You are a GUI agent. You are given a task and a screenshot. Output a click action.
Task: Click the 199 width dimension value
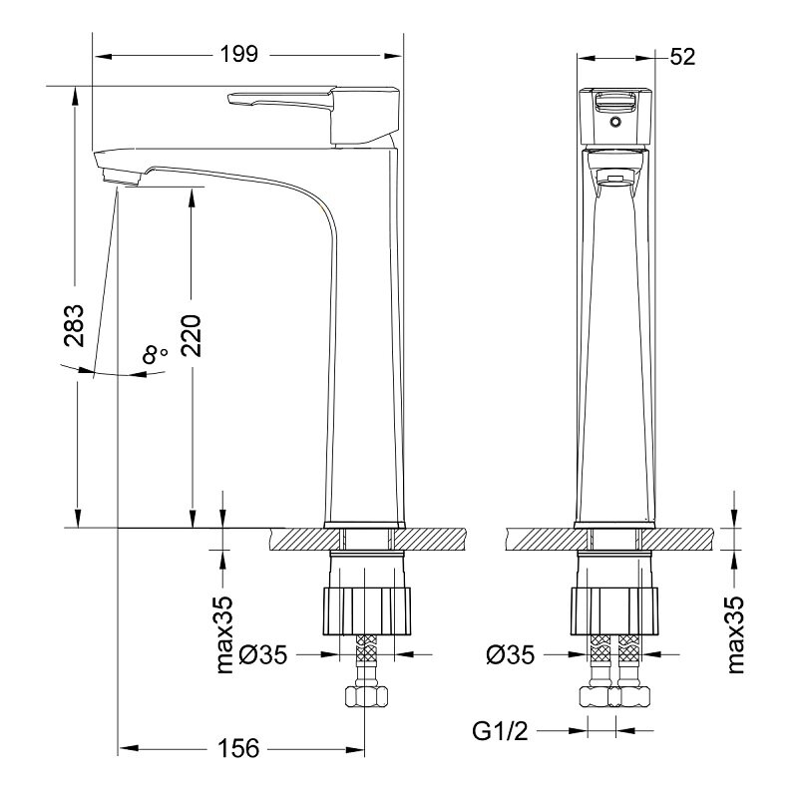[x=239, y=54]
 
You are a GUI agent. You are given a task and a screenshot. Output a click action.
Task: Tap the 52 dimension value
[x=682, y=57]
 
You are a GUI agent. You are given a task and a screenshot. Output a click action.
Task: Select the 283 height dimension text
[x=74, y=326]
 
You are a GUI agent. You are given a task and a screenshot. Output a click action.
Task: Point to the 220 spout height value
[x=192, y=336]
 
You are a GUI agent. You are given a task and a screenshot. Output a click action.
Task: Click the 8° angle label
[x=154, y=354]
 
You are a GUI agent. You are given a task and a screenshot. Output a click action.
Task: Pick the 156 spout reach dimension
[x=238, y=748]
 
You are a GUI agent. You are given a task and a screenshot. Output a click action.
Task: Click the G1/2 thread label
[x=501, y=731]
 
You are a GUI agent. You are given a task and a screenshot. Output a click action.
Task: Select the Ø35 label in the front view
[x=511, y=654]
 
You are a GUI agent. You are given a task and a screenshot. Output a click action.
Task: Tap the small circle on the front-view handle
[x=615, y=122]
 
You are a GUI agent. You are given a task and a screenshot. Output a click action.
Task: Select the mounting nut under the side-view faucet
[x=366, y=611]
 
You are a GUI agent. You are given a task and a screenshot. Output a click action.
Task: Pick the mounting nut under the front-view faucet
[x=614, y=611]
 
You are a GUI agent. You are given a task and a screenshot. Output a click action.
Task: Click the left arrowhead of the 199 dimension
[x=103, y=56]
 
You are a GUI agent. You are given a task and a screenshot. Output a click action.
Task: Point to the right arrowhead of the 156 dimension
[x=355, y=749]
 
